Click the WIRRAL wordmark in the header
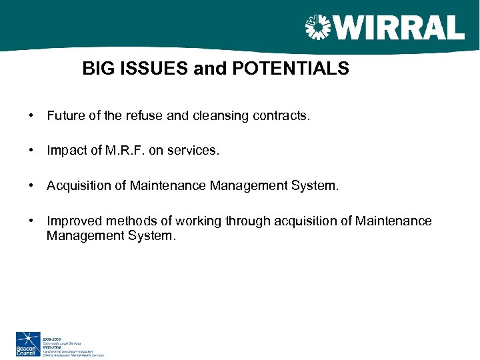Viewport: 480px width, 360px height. point(399,27)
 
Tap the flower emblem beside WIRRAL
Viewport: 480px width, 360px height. point(319,28)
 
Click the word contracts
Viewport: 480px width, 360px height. point(281,116)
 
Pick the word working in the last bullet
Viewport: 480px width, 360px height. point(197,221)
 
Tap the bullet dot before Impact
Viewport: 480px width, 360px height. point(32,151)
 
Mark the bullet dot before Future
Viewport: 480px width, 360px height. point(32,116)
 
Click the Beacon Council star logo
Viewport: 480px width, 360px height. point(28,339)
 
